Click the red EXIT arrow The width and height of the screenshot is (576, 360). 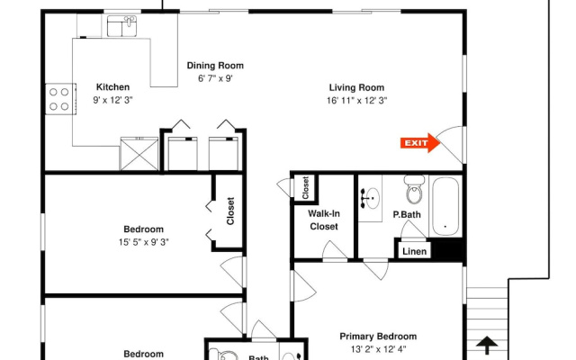click(x=420, y=143)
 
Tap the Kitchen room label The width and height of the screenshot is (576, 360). click(x=112, y=87)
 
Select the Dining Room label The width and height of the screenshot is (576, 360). click(x=215, y=66)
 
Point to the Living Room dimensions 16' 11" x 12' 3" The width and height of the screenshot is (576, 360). click(x=357, y=100)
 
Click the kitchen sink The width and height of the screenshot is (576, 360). click(x=121, y=26)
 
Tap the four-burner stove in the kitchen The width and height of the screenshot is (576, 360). click(x=60, y=99)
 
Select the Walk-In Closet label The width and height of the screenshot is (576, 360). click(x=324, y=220)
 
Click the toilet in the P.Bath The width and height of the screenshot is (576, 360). click(x=415, y=190)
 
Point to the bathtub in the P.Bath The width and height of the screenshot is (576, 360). click(x=445, y=206)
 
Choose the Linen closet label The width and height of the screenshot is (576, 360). click(x=414, y=252)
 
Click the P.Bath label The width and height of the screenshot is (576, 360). click(x=407, y=214)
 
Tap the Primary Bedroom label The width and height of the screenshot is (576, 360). click(x=378, y=337)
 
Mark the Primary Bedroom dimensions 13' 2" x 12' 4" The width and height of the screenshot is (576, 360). click(x=378, y=349)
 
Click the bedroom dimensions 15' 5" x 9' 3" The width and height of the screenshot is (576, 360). click(x=144, y=242)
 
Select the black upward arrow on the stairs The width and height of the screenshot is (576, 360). click(x=487, y=346)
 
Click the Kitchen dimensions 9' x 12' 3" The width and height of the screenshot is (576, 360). click(x=112, y=100)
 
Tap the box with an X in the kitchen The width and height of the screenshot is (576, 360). click(x=139, y=154)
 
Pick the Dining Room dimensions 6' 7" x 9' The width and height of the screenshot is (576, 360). click(x=215, y=78)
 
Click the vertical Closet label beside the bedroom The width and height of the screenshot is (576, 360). click(x=230, y=211)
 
